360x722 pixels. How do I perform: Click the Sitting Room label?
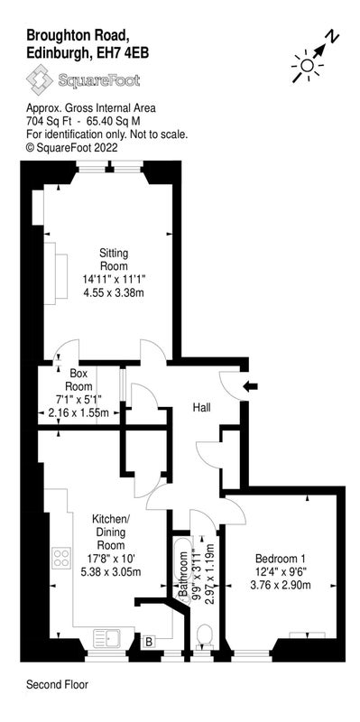[114, 260]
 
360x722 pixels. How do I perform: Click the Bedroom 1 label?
[281, 559]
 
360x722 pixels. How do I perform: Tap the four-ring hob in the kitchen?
[61, 558]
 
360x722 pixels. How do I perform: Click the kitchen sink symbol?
[106, 639]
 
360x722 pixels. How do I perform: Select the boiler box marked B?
[149, 641]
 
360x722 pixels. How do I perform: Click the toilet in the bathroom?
[204, 637]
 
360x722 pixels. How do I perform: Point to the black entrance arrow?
[251, 387]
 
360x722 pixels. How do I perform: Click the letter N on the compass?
[332, 37]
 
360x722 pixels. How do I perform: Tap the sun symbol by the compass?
[306, 66]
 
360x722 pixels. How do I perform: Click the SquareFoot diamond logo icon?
[40, 79]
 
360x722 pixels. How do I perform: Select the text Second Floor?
[57, 685]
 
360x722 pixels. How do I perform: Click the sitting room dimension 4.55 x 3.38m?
[114, 292]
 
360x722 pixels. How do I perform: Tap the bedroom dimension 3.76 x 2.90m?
[281, 585]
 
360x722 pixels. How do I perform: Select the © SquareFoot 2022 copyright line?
[72, 148]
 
